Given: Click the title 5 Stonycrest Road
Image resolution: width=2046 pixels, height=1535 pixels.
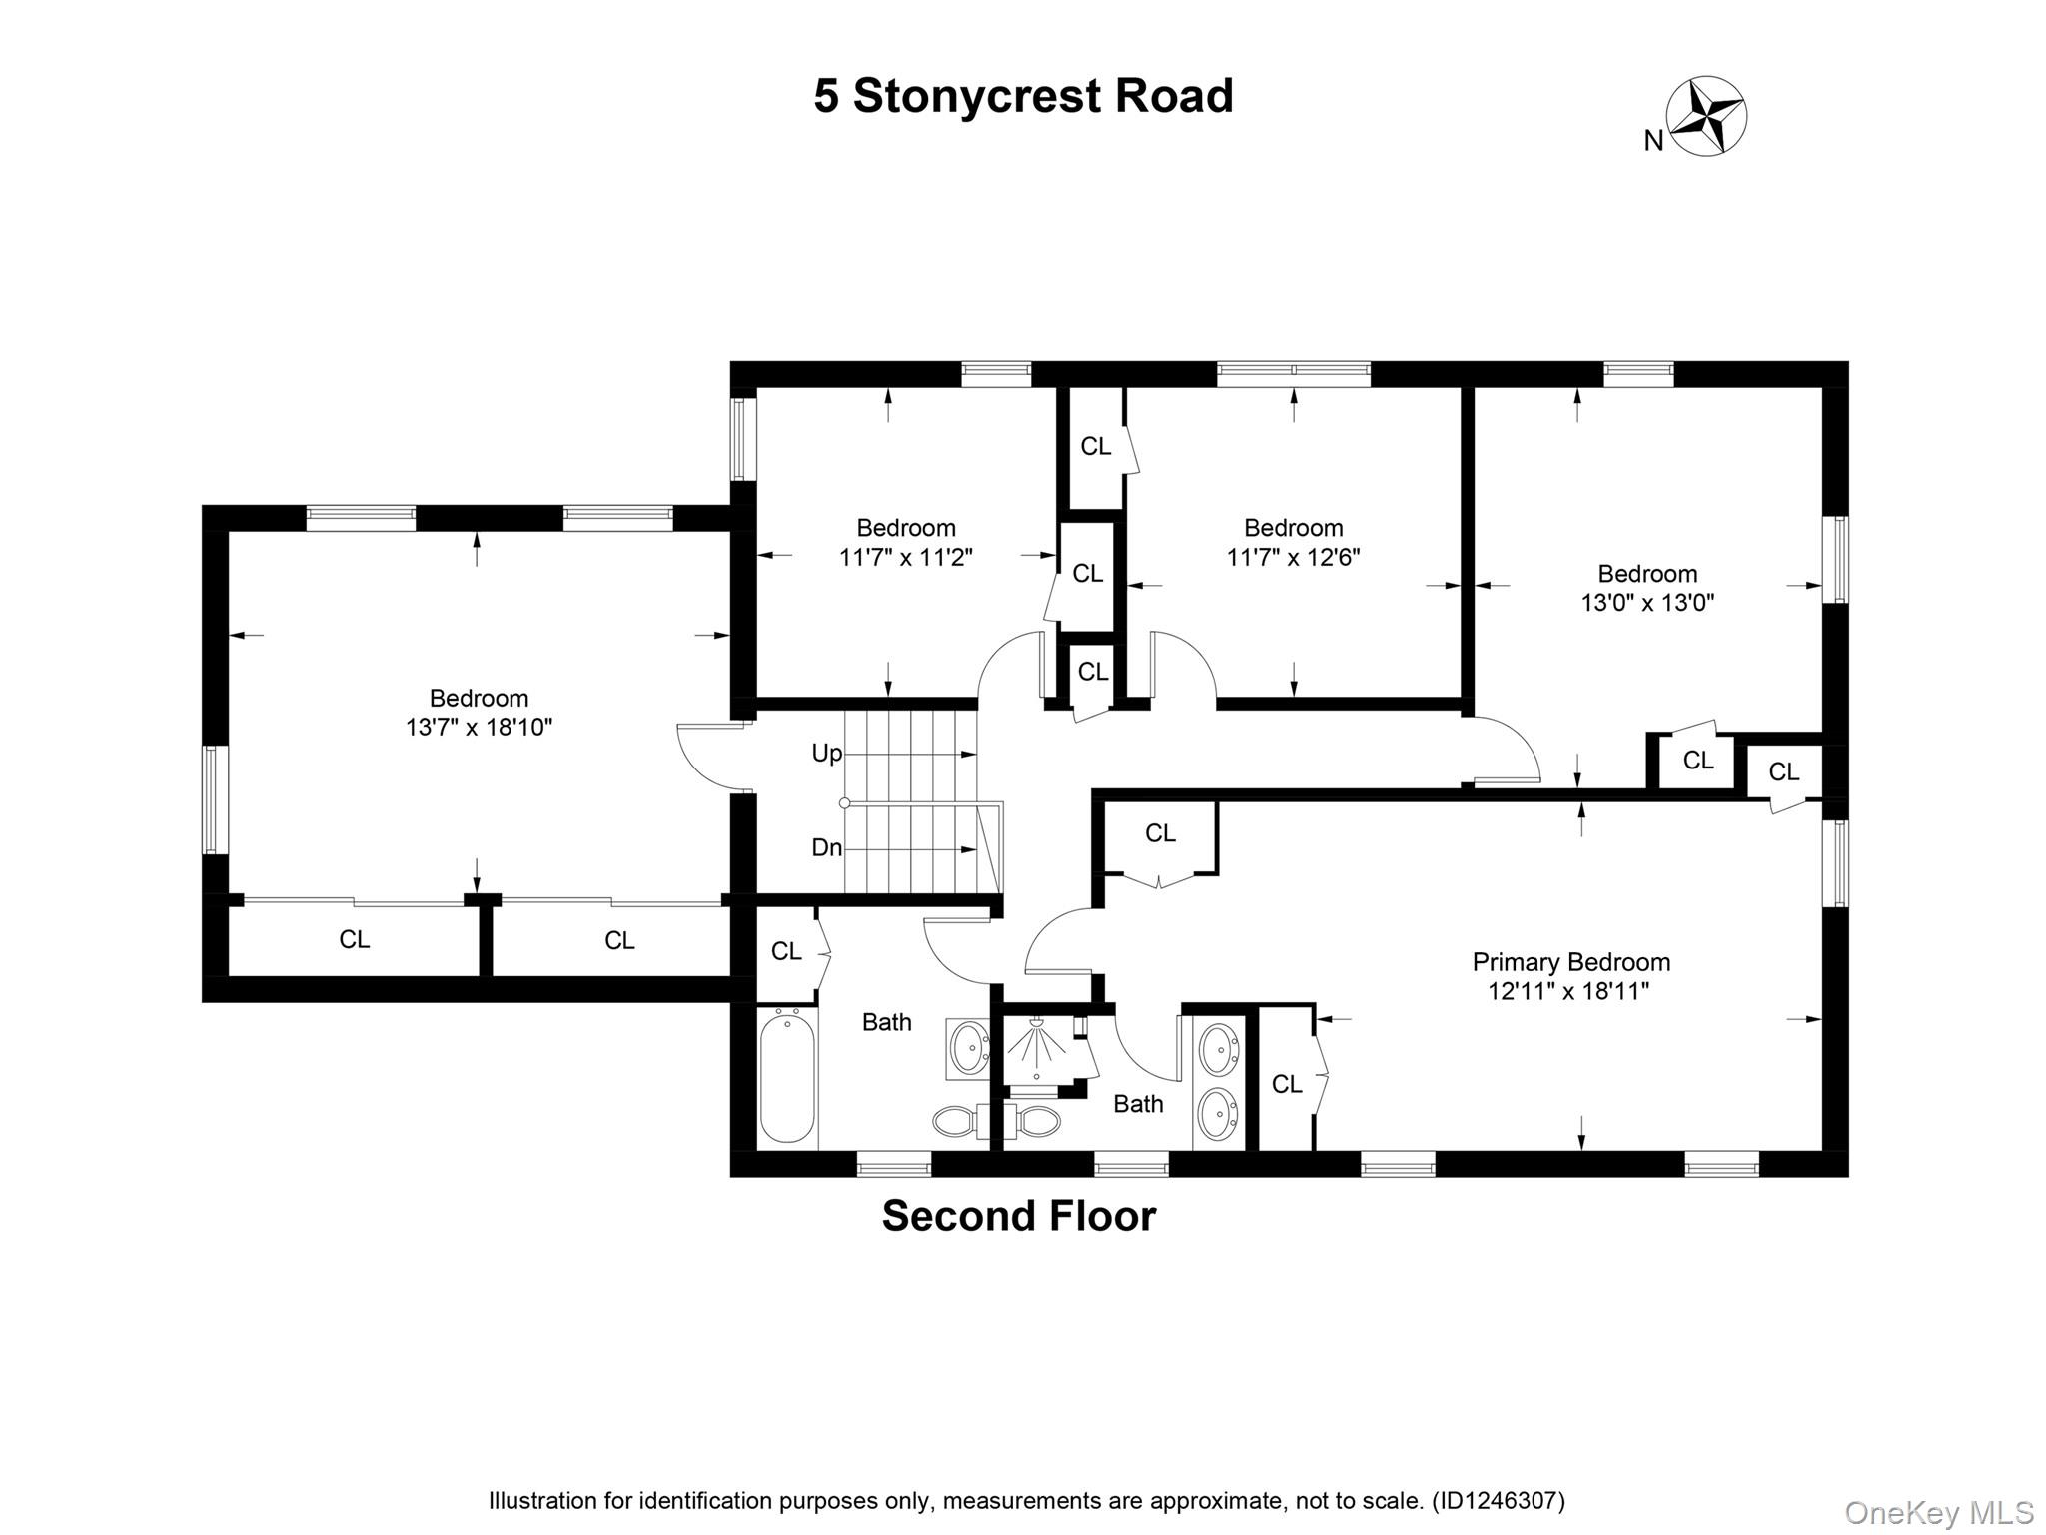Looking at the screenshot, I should point(1023,96).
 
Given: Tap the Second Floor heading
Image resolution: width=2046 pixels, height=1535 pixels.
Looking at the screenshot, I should point(1019,1216).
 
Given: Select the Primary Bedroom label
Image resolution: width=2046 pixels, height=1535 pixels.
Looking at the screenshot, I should point(1570,962).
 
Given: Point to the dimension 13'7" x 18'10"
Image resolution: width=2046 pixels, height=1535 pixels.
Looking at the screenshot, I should point(479,727).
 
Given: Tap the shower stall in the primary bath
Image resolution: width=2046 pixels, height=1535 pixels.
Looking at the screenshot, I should point(1036,1051).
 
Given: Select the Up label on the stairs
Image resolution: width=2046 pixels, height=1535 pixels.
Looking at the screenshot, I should point(826,754).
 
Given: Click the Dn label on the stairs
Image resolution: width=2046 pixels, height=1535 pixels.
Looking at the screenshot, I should point(826,848).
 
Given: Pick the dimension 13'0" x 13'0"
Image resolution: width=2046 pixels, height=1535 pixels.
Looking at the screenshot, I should point(1647,603).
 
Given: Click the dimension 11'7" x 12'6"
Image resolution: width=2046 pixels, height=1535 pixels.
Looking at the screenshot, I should point(1293,557).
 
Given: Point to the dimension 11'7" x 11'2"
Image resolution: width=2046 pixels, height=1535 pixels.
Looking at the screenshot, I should point(905,557).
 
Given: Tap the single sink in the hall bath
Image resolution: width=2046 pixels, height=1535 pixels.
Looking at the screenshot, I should point(967,1048).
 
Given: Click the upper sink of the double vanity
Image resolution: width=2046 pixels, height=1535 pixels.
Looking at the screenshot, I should point(1218,1049).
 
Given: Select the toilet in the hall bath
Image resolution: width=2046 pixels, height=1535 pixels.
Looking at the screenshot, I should point(957,1122).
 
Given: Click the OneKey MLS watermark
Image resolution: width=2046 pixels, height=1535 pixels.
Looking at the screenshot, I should point(1938,1512).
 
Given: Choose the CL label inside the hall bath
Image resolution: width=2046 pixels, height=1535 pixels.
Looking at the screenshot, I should point(786,952).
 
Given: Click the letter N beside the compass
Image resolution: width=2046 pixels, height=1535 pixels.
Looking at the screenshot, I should point(1653,142).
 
